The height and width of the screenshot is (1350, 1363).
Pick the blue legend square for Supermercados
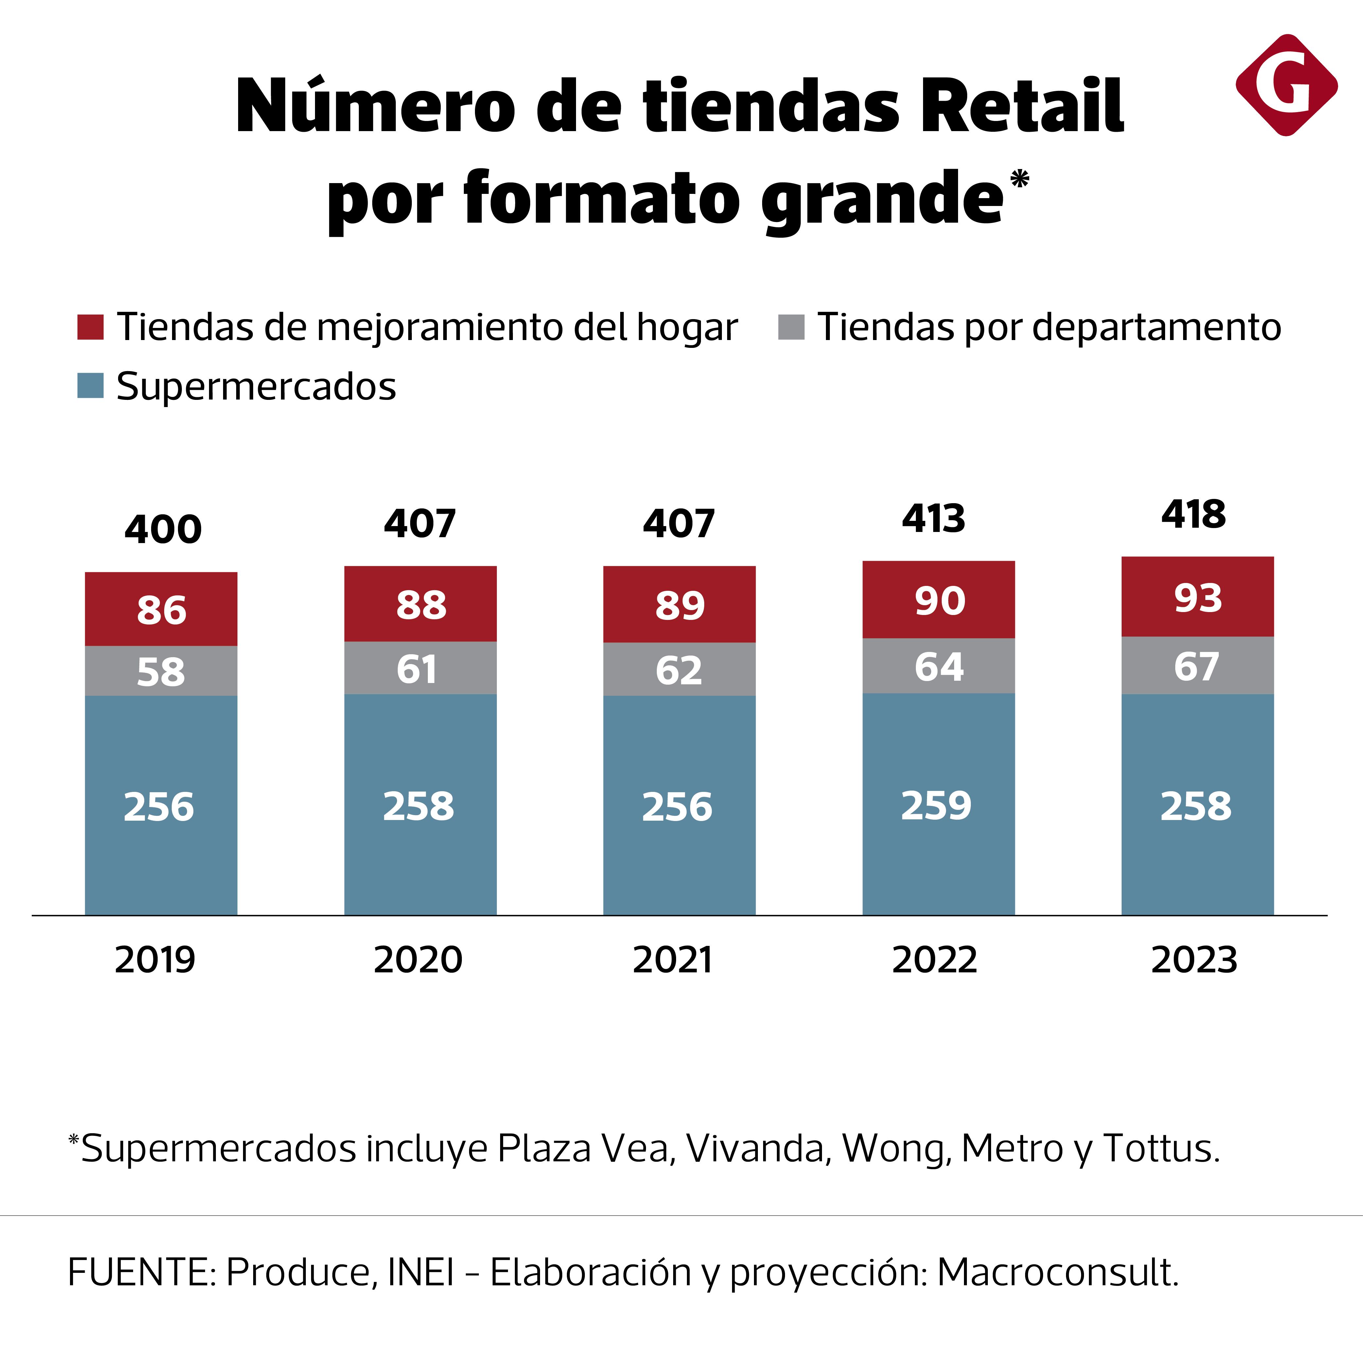[x=90, y=386]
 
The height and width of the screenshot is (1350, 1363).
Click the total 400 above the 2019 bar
[x=163, y=530]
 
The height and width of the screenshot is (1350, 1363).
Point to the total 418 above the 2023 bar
[x=1194, y=514]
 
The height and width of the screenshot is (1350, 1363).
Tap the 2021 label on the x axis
[x=672, y=960]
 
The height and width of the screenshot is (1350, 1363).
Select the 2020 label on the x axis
[x=418, y=960]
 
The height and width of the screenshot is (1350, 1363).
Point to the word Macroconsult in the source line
[x=1056, y=1273]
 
